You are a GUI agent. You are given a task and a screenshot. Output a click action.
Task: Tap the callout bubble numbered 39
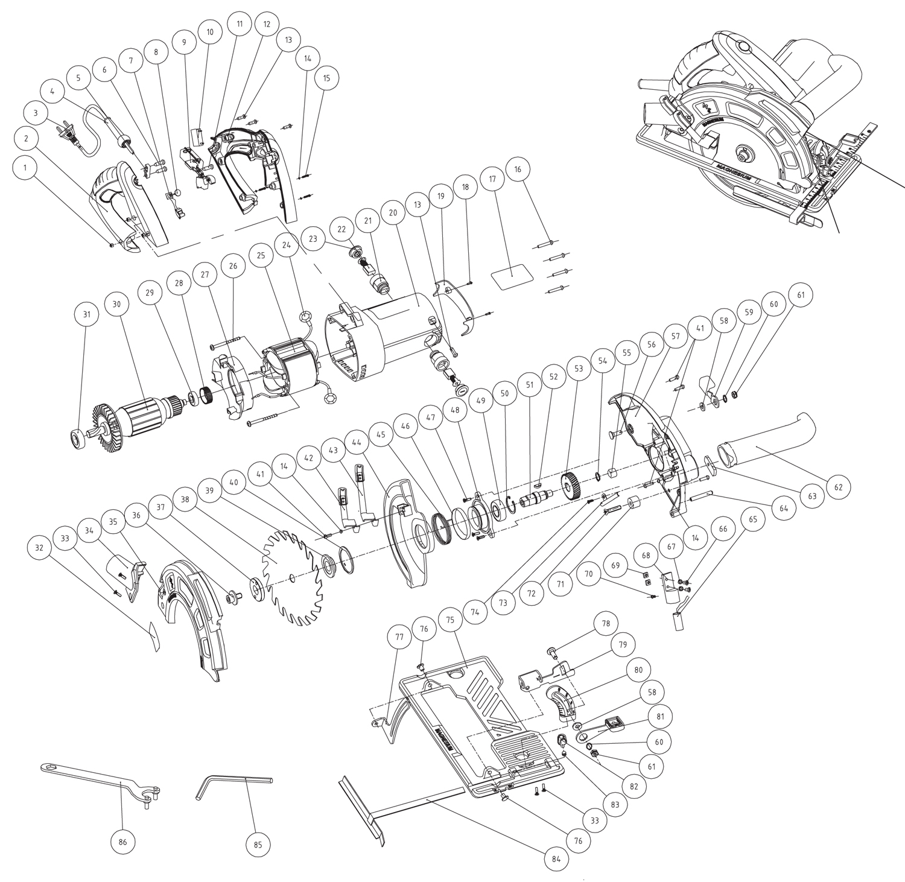pos(209,490)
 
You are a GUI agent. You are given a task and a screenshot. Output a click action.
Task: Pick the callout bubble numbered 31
pos(87,314)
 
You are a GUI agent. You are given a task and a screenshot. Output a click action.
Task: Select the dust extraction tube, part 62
pos(766,447)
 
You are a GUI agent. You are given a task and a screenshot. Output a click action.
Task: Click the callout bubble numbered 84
pos(556,859)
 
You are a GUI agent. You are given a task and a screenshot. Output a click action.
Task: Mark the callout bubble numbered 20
pos(393,213)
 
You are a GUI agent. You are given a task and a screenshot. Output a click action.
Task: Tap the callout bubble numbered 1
pos(25,168)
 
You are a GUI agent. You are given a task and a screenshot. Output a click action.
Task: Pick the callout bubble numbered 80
pos(638,670)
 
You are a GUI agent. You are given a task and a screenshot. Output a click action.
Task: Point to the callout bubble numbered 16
pos(518,170)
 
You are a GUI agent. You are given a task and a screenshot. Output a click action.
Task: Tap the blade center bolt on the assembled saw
pos(741,153)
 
